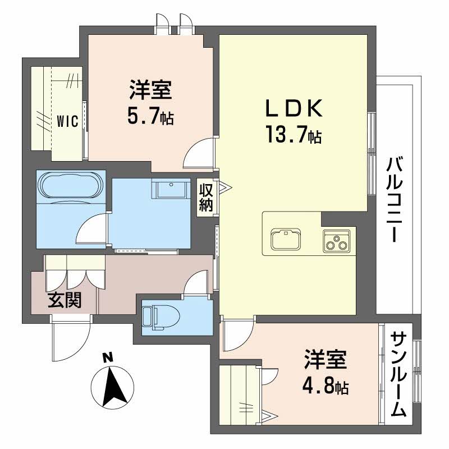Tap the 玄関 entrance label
[x=64, y=301]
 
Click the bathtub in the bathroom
[x=70, y=185]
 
